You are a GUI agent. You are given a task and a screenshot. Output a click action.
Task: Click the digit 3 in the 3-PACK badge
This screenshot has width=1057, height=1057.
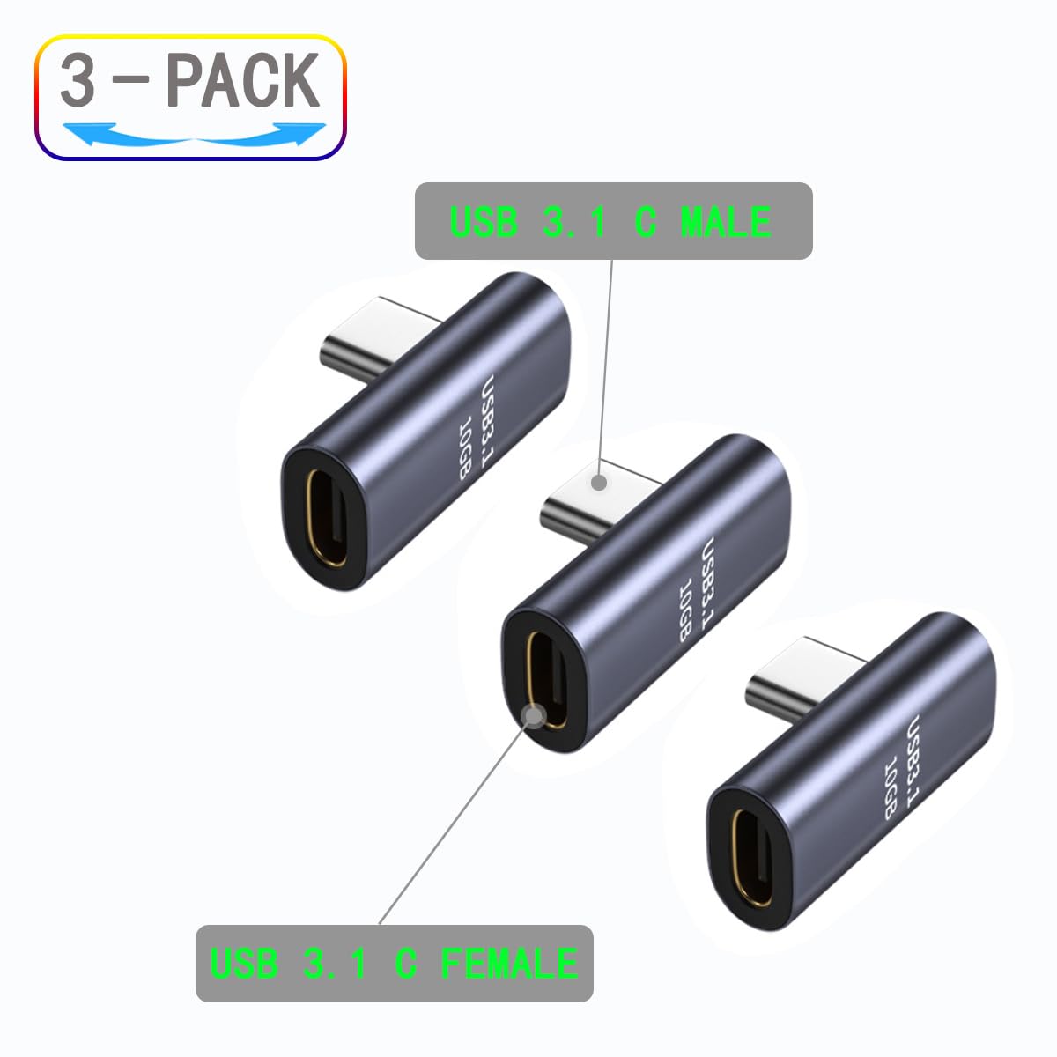click(x=78, y=82)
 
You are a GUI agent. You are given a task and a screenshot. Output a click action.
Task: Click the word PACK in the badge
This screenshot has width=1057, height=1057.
click(x=242, y=81)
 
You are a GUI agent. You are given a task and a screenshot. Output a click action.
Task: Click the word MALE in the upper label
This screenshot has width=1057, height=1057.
click(x=726, y=221)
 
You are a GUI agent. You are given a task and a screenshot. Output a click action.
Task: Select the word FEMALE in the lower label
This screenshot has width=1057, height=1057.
click(x=509, y=963)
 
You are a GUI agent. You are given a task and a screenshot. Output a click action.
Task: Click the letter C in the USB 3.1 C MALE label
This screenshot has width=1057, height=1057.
click(x=646, y=221)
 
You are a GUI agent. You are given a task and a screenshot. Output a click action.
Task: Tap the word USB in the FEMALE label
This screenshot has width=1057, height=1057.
click(x=243, y=963)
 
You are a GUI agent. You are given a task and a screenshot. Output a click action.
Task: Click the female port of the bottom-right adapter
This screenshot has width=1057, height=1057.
click(x=750, y=855)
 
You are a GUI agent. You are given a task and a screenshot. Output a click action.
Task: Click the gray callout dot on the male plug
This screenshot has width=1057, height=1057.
click(x=599, y=482)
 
